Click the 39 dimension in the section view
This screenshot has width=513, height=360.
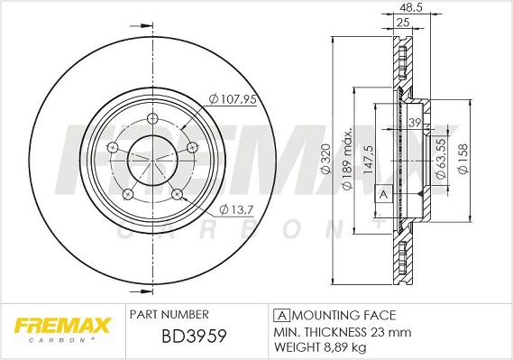(x=416, y=123)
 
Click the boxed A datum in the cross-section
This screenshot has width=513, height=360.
(x=382, y=194)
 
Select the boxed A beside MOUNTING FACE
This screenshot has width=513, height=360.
(x=280, y=315)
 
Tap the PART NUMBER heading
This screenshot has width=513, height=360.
(x=169, y=315)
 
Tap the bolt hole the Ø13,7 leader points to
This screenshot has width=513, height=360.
(x=178, y=194)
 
